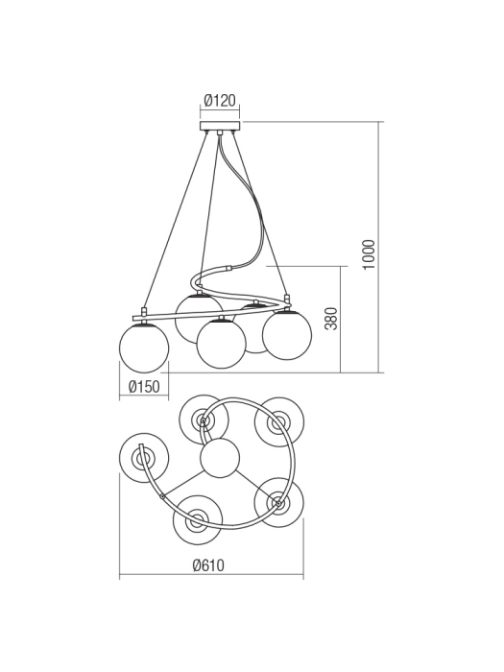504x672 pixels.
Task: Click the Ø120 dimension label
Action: point(220,100)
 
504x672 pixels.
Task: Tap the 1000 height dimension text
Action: point(370,254)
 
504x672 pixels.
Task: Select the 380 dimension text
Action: point(331,319)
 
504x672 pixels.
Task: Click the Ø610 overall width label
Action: point(207,565)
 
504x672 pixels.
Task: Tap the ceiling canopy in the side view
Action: point(220,125)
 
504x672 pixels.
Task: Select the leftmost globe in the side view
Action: point(144,348)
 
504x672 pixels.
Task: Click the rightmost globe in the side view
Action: point(287,335)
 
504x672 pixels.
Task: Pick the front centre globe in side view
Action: point(221,344)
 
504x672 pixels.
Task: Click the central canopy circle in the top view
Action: point(220,458)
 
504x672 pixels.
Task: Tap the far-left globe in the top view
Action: point(143,456)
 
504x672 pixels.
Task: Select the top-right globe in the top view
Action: point(279,420)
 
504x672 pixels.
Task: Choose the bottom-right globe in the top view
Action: point(278,501)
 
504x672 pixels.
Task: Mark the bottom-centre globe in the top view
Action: point(198,520)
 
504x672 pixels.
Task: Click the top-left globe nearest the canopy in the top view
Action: point(204,419)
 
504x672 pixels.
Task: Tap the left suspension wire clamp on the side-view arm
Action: point(144,312)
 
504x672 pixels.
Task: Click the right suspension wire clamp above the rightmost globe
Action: point(287,299)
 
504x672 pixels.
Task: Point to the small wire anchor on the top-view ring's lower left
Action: point(162,495)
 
